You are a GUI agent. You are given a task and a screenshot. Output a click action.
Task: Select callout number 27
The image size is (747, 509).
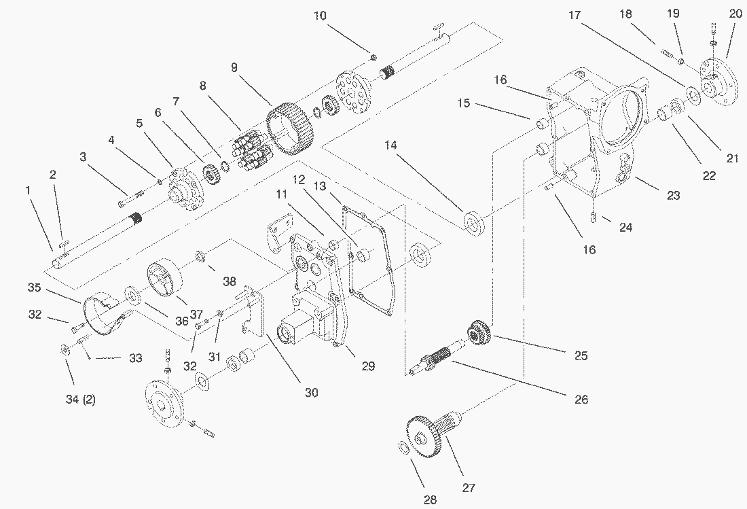click(x=469, y=487)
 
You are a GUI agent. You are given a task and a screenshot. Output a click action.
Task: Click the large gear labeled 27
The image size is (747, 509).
click(x=425, y=436)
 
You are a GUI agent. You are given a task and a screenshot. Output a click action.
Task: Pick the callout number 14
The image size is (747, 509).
click(x=390, y=145)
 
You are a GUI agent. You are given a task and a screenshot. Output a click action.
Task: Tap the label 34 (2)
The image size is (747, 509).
click(x=80, y=400)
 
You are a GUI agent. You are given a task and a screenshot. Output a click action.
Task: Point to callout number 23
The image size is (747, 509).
click(x=672, y=195)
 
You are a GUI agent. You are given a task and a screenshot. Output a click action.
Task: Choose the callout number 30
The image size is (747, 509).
click(x=312, y=392)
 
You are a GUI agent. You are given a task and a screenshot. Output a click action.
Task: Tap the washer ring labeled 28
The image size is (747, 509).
click(x=401, y=448)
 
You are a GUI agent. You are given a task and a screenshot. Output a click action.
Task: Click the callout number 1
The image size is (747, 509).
click(x=29, y=191)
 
